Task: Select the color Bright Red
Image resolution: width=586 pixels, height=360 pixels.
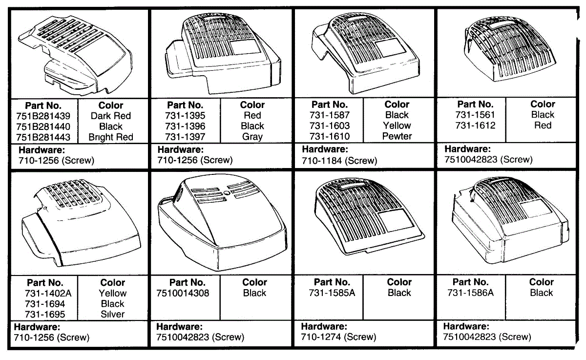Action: pyautogui.click(x=111, y=137)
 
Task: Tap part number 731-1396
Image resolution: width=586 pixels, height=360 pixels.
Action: pyautogui.click(x=185, y=126)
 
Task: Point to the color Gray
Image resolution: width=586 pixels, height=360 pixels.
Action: pyautogui.click(x=252, y=137)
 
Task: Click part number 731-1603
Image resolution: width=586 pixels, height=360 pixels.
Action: pyautogui.click(x=330, y=126)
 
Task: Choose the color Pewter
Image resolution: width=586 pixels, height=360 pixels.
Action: pyautogui.click(x=397, y=136)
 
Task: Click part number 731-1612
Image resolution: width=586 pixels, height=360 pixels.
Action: pyautogui.click(x=475, y=126)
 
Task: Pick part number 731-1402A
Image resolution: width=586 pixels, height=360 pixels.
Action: pyautogui.click(x=45, y=293)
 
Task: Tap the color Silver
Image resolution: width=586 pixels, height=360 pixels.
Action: pyautogui.click(x=112, y=315)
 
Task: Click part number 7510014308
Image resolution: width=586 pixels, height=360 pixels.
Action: pyautogui.click(x=183, y=293)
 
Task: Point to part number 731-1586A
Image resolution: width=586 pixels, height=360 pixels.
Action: pyautogui.click(x=471, y=293)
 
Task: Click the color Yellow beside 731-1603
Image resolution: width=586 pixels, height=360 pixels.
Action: pyautogui.click(x=397, y=126)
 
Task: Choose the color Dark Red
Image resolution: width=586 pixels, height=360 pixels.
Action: pyautogui.click(x=111, y=116)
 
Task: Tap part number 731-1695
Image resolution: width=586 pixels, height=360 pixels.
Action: pyautogui.click(x=44, y=315)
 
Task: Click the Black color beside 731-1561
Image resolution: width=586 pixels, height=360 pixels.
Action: pyautogui.click(x=543, y=115)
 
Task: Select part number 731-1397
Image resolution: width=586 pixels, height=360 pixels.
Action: pyautogui.click(x=185, y=137)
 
